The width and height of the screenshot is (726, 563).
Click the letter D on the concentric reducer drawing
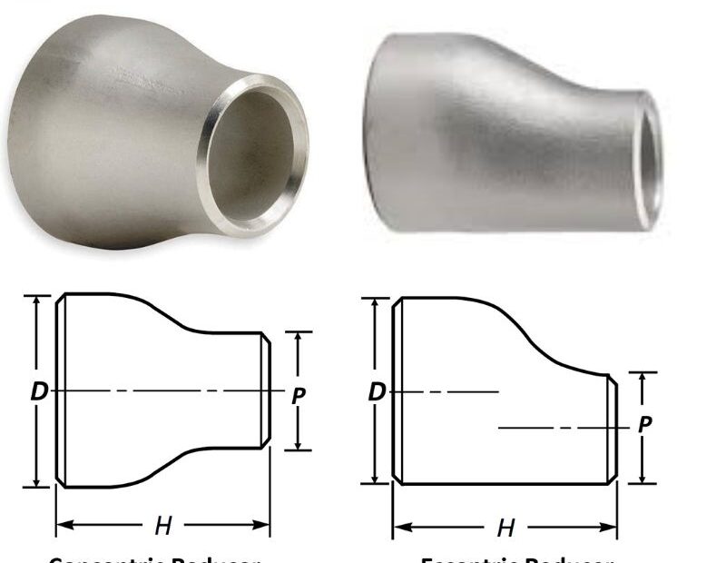[x=38, y=391]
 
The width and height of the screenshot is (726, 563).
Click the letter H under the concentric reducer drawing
[x=163, y=524]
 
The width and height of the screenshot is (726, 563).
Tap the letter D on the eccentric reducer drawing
[x=377, y=391]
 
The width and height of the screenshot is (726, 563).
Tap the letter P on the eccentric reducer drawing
[x=645, y=424]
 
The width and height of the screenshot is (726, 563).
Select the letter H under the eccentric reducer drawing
[x=505, y=527]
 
